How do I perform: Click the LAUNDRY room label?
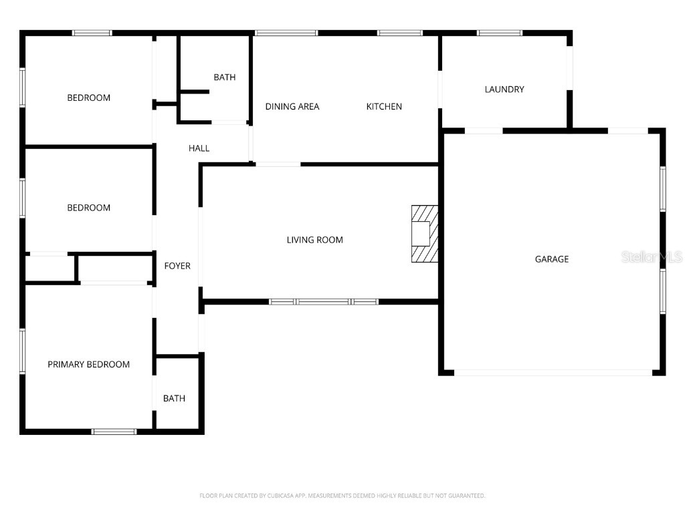[x=504, y=90]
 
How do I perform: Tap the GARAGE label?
[x=552, y=259]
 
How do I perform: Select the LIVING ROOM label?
[x=314, y=240]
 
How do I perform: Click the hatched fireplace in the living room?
[x=424, y=234]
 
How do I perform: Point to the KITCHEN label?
[x=384, y=106]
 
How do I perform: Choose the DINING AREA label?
[x=292, y=106]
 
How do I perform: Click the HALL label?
[x=199, y=148]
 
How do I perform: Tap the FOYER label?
[x=177, y=266]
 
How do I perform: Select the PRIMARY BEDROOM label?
[x=88, y=365]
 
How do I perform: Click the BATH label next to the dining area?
[x=225, y=77]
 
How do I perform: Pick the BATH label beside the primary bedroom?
[x=174, y=399]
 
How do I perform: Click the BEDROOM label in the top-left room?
[x=88, y=98]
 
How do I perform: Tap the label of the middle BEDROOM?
[x=88, y=208]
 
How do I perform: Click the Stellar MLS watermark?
[x=651, y=256]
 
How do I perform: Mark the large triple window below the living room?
[x=324, y=302]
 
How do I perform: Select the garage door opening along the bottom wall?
[x=552, y=373]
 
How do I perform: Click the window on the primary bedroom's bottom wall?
[x=114, y=432]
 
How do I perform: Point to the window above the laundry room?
[x=500, y=32]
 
